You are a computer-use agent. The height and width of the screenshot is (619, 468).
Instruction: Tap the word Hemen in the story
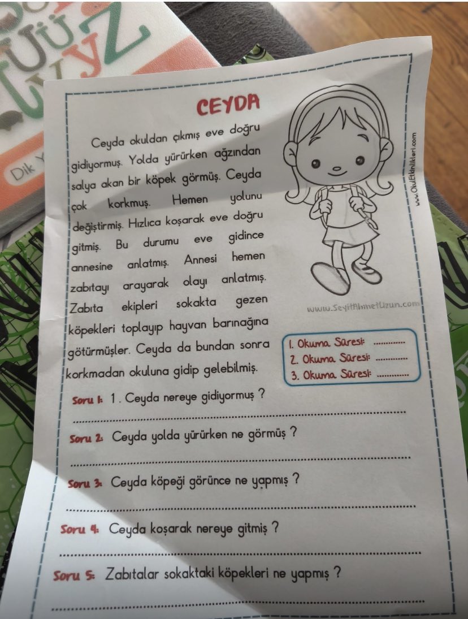pos(190,201)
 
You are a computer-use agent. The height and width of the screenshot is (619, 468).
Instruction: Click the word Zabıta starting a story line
pos(85,309)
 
